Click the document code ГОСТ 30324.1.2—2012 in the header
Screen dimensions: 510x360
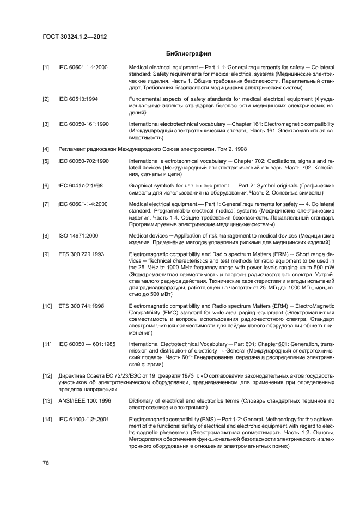74,37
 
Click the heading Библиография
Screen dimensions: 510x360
188,53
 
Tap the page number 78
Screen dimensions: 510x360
46,463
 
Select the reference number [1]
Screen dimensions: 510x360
46,68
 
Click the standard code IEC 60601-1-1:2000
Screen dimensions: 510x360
83,68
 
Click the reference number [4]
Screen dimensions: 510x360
46,149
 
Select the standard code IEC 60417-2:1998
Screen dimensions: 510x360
81,186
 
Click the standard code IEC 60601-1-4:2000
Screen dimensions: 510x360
83,204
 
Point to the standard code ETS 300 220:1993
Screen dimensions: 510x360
81,254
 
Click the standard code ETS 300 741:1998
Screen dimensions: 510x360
81,306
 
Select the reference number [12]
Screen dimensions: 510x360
47,376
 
